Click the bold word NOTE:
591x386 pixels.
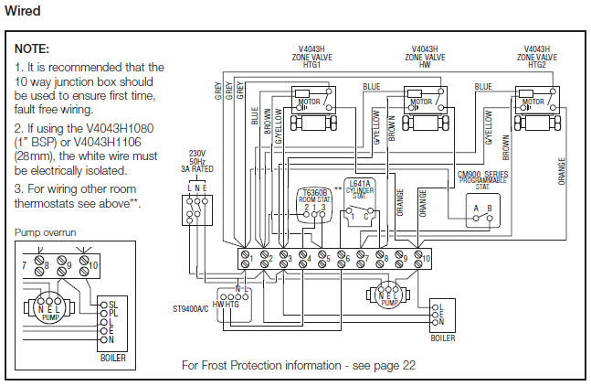pyautogui.click(x=33, y=48)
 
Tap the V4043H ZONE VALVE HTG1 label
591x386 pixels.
pyautogui.click(x=312, y=56)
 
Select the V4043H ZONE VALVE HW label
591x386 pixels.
pyautogui.click(x=424, y=56)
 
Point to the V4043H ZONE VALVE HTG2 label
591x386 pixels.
pyautogui.click(x=536, y=56)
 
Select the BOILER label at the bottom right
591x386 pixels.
pyautogui.click(x=443, y=338)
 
